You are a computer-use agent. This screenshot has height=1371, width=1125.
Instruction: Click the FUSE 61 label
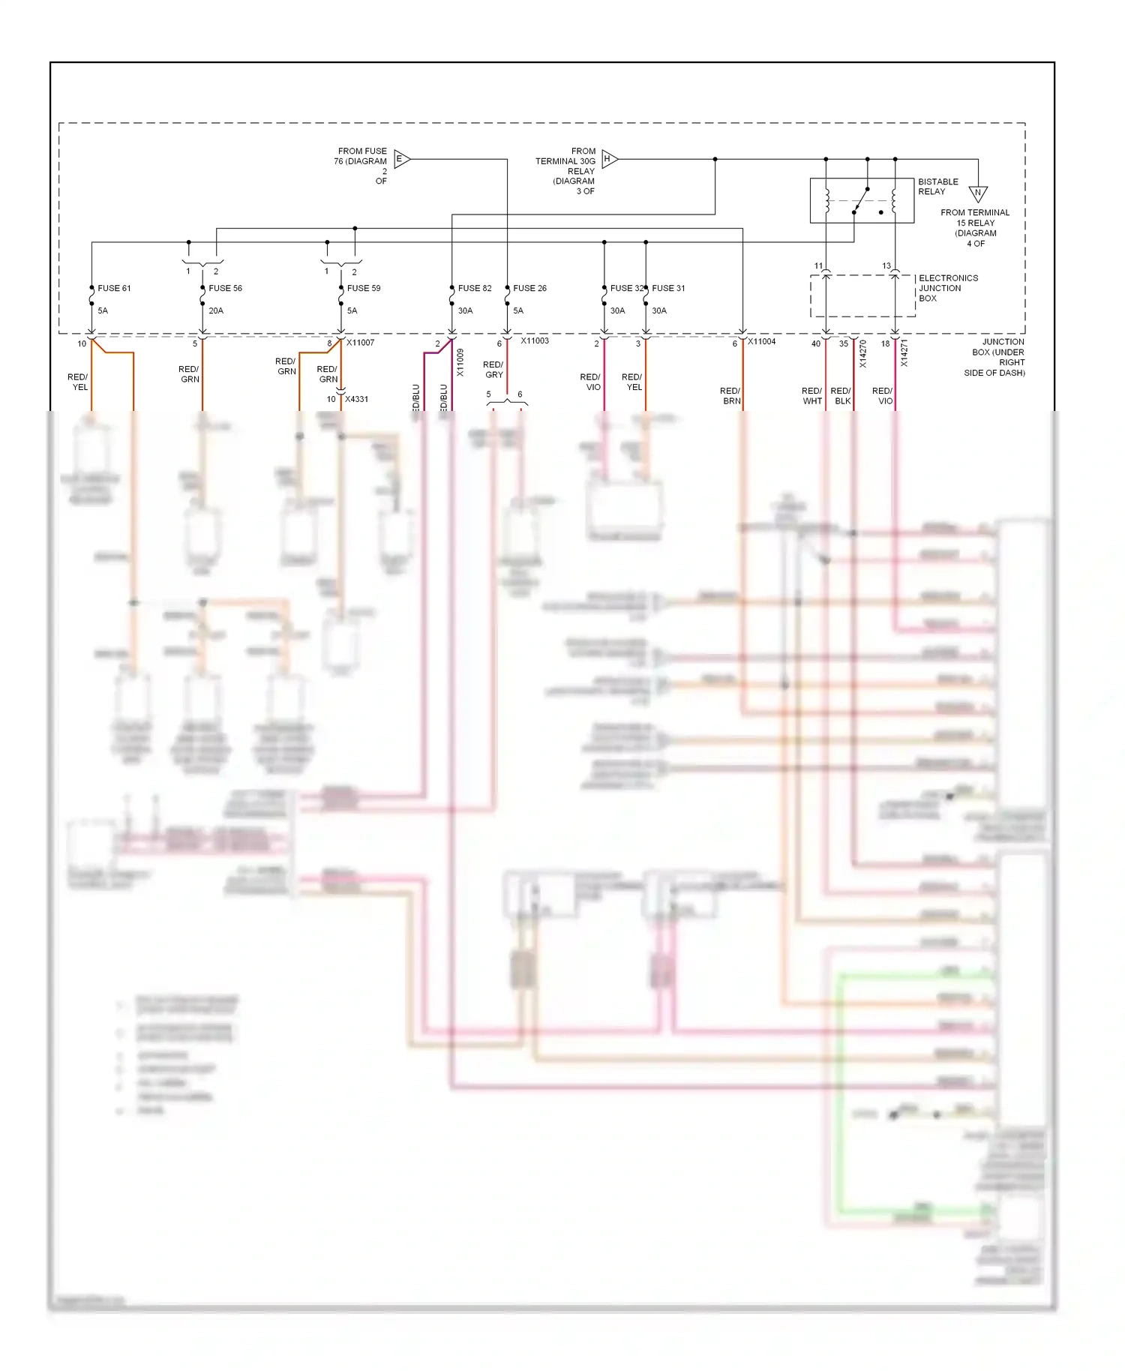(x=114, y=288)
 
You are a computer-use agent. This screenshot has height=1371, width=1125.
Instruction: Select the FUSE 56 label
(x=225, y=288)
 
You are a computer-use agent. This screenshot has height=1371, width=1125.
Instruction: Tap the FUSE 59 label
(x=364, y=288)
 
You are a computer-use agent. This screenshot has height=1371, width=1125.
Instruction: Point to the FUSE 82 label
(x=475, y=288)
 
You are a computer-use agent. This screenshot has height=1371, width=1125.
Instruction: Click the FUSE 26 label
(x=529, y=288)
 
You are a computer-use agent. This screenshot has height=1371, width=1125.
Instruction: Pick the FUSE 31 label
(x=668, y=288)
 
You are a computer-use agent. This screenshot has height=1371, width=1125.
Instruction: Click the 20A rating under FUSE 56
(x=216, y=310)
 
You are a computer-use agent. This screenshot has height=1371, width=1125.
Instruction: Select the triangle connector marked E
(x=400, y=159)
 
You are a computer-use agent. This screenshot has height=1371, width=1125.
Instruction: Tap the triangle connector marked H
(x=608, y=159)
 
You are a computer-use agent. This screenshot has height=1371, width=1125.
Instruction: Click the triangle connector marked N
(x=977, y=193)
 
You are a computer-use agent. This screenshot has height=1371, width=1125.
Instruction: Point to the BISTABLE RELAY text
(x=937, y=187)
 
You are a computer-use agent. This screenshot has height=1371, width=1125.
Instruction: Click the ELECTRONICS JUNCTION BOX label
(x=948, y=288)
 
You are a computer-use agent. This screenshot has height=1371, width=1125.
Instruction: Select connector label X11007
(x=360, y=343)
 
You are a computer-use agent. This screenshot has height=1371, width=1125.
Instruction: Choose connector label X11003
(x=535, y=340)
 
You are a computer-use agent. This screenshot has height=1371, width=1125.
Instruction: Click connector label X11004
(x=761, y=341)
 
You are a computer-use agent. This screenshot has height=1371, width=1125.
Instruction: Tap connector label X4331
(x=356, y=399)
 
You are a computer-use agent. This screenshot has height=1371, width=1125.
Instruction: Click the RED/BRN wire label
(x=730, y=396)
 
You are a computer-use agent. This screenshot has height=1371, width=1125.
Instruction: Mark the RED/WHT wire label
(x=811, y=396)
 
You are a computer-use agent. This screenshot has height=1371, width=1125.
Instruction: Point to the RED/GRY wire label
(x=493, y=370)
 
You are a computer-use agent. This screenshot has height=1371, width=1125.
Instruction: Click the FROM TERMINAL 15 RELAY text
(x=975, y=228)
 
